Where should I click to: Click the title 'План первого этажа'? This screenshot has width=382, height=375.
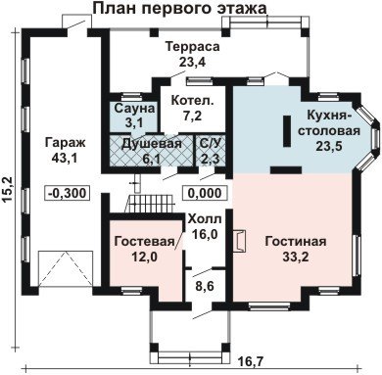(x=179, y=8)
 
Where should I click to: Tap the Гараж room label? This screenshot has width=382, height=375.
(x=66, y=143)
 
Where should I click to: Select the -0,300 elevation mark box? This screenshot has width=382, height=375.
(x=68, y=193)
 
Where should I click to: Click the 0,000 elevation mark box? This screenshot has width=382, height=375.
(x=205, y=193)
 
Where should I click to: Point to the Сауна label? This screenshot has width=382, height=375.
(x=134, y=109)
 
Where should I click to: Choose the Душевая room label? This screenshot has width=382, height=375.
(x=151, y=144)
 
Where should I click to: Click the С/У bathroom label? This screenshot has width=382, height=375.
(x=211, y=144)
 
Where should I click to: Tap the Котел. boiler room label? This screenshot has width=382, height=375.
(x=193, y=101)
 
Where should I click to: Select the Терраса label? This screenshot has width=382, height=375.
(x=193, y=47)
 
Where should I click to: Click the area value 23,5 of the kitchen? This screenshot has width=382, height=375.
(x=328, y=146)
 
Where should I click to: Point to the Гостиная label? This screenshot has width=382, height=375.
(x=296, y=242)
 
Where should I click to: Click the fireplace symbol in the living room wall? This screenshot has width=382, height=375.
(x=239, y=242)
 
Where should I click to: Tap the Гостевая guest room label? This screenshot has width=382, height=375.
(x=145, y=242)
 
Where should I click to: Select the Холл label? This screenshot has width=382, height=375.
(x=205, y=219)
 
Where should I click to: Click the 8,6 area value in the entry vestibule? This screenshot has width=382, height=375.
(x=205, y=287)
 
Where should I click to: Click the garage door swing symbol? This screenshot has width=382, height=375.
(x=66, y=269)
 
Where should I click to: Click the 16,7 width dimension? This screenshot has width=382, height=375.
(x=251, y=362)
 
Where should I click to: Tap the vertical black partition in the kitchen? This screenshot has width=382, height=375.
(x=287, y=131)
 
